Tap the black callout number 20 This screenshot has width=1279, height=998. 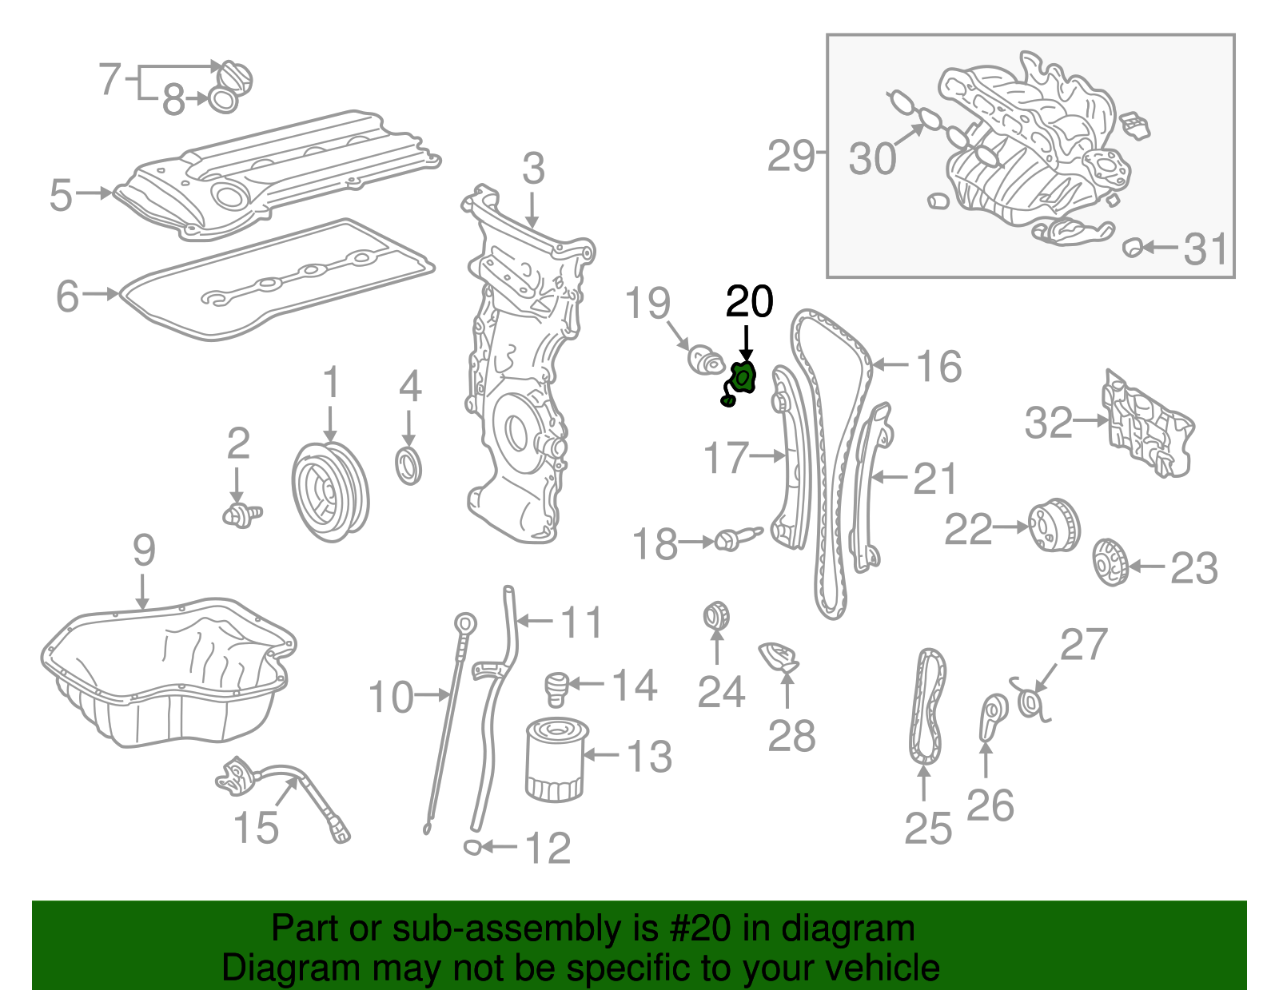pyautogui.click(x=749, y=302)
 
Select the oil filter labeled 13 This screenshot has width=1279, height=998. pyautogui.click(x=555, y=760)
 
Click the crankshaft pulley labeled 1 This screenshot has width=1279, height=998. pyautogui.click(x=330, y=491)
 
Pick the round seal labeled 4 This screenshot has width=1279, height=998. pyautogui.click(x=409, y=467)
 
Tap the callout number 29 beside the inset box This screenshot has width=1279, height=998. pyautogui.click(x=791, y=155)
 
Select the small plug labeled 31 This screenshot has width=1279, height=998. pyautogui.click(x=1132, y=247)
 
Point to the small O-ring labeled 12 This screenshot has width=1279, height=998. pyautogui.click(x=472, y=847)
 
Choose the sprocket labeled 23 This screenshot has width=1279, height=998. pyautogui.click(x=1110, y=563)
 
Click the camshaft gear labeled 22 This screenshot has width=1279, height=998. pyautogui.click(x=1053, y=525)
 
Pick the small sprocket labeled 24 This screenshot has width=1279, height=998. pyautogui.click(x=716, y=615)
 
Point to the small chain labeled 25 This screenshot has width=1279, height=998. pyautogui.click(x=927, y=707)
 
